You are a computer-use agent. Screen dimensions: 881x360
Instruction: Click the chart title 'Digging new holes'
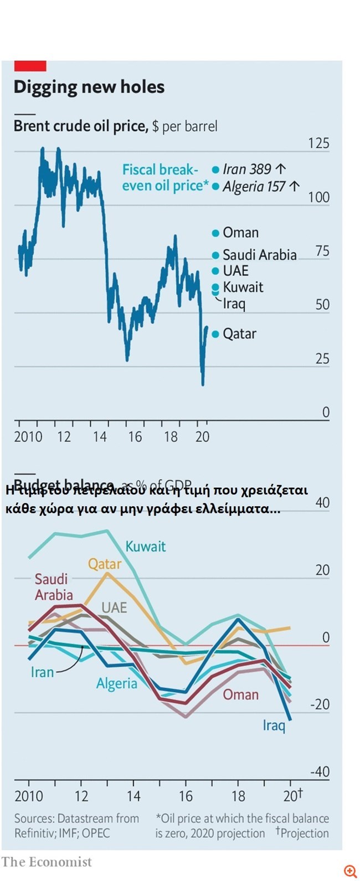[x=89, y=87]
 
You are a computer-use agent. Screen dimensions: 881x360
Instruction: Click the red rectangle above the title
[x=30, y=66]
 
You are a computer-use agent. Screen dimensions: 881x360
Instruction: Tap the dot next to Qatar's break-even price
[x=215, y=334]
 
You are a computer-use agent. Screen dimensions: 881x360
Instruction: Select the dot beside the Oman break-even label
[x=215, y=233]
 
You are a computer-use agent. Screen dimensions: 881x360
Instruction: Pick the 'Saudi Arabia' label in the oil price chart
[x=259, y=255]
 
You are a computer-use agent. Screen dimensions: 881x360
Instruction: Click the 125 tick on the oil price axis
[x=318, y=143]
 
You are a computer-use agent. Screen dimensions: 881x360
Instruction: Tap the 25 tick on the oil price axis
[x=322, y=359]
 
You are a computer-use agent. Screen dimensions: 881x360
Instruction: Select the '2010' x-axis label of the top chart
[x=28, y=437]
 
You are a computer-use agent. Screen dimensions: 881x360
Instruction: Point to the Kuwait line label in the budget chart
[x=145, y=547]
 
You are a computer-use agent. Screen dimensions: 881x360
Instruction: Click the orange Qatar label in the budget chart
[x=104, y=564]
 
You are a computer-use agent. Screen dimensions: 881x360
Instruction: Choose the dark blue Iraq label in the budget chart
[x=274, y=725]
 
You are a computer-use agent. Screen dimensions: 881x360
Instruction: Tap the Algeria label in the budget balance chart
[x=116, y=683]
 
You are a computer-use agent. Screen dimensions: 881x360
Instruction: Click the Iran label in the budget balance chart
[x=42, y=672]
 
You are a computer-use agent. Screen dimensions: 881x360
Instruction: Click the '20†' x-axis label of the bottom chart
[x=292, y=796]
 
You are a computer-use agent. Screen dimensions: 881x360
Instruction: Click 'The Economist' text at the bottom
[x=47, y=862]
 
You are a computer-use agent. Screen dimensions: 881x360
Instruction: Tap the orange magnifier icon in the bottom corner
[x=349, y=871]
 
